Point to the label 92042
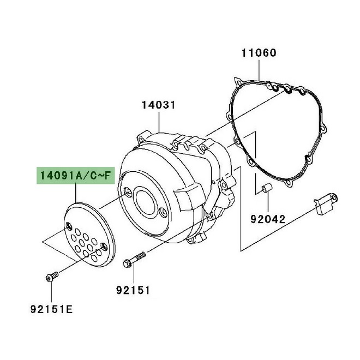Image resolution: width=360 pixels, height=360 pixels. [x=268, y=220]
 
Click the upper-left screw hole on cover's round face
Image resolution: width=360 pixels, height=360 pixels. [x=127, y=191]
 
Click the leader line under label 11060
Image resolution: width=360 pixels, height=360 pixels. [x=259, y=70]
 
